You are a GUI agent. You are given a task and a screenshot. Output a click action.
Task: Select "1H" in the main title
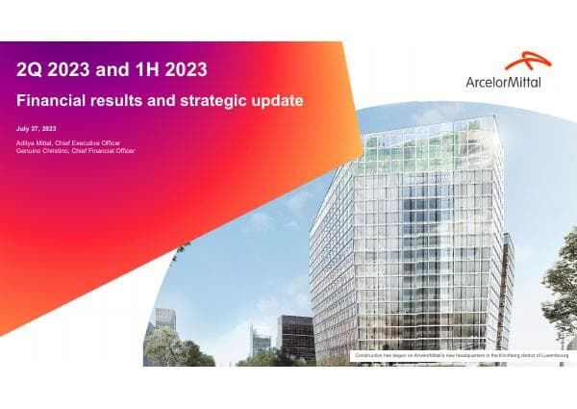[x=147, y=69]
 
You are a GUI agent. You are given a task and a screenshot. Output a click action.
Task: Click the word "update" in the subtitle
[x=273, y=100]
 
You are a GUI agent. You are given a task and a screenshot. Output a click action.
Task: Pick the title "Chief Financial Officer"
[x=106, y=151]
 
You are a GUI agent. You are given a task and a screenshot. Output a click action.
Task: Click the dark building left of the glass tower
[x=295, y=337]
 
